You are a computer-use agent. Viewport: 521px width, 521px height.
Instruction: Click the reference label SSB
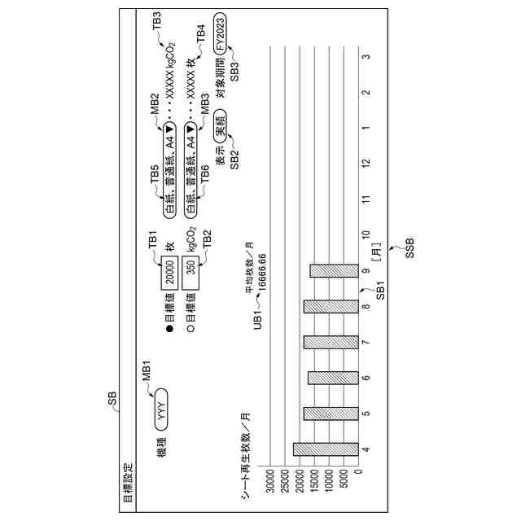(x=409, y=243)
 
